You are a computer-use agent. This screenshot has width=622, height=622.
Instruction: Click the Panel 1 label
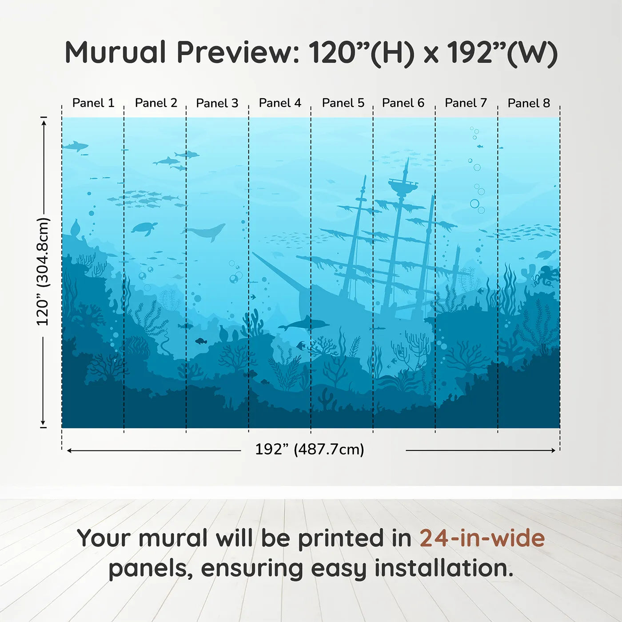[x=93, y=103]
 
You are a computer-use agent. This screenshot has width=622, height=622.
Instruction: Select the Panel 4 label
[x=280, y=103]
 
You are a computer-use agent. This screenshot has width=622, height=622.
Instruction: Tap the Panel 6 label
[x=403, y=103]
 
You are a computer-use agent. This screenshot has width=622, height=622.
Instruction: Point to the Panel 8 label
[x=529, y=103]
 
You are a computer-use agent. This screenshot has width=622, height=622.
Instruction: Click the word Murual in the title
[x=116, y=52]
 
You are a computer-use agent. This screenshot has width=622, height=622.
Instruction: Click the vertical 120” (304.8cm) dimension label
[x=43, y=271]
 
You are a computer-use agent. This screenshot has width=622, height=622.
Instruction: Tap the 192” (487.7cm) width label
[x=309, y=449]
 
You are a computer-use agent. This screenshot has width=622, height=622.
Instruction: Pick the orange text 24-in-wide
[x=482, y=538]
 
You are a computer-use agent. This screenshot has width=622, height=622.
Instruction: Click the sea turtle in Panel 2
[x=144, y=228]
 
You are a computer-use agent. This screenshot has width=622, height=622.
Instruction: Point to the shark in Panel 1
[x=75, y=145]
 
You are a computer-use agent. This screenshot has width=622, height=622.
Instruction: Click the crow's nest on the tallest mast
[x=403, y=184]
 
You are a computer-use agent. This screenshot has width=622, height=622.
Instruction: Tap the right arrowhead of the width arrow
[x=553, y=451]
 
